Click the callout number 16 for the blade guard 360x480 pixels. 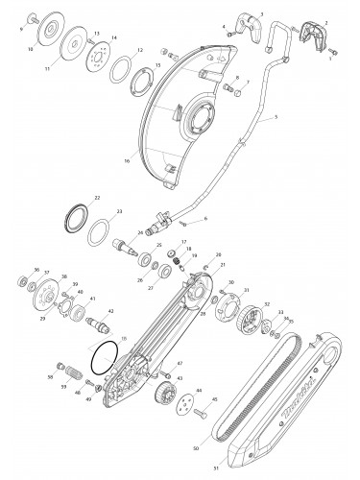[x=153, y=161]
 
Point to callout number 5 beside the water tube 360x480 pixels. [x=276, y=117]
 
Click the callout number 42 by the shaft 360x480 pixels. [x=111, y=311]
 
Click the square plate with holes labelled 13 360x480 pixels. [x=95, y=56]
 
